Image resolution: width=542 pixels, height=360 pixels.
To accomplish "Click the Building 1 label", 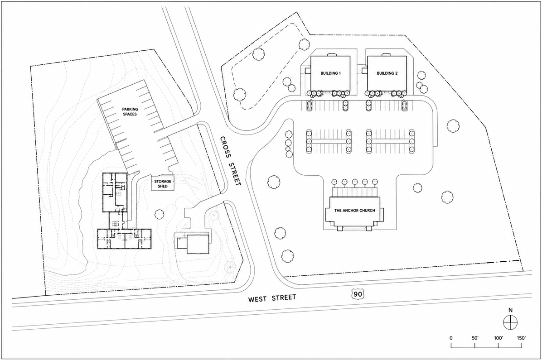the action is pos(331,73).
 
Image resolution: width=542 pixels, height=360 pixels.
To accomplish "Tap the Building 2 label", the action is pos(387,73).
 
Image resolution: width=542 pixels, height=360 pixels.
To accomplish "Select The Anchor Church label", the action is pos(355,211).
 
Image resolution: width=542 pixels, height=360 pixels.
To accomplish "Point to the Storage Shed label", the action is pos(162,184).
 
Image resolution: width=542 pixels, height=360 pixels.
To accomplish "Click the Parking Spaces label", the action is pos(130,111).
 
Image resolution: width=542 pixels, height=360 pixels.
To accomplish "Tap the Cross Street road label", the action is pos(230,161).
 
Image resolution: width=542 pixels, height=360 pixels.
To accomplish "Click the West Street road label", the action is pos(272,298).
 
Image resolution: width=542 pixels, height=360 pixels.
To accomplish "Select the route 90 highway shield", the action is pos(358,294).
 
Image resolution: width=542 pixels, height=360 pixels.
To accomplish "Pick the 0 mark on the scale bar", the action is pos(451,337).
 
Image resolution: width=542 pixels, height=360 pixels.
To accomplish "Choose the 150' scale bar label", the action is pos(521,337).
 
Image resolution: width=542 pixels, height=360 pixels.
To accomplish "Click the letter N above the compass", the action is pos(510,310).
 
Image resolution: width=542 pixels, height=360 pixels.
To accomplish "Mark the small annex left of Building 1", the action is pos(308,71).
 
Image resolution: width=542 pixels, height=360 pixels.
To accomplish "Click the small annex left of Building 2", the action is pos(364,71).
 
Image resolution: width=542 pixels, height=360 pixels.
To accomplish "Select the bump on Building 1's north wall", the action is pos(331,54).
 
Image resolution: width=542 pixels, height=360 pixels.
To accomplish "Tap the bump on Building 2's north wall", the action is pos(386,54).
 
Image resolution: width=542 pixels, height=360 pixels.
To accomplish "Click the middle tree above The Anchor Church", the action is pos(355,182).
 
